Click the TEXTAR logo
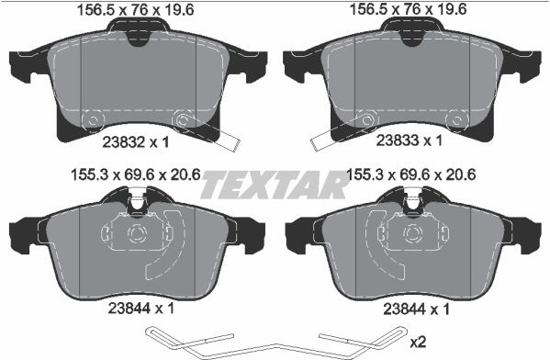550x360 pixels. (x=275, y=185)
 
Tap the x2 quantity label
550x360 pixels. (x=418, y=342)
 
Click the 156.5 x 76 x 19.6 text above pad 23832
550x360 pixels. (x=135, y=10)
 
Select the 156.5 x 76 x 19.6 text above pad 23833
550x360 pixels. (x=409, y=9)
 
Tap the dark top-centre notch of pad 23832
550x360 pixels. (x=140, y=39)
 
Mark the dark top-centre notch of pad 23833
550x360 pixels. (x=413, y=39)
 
